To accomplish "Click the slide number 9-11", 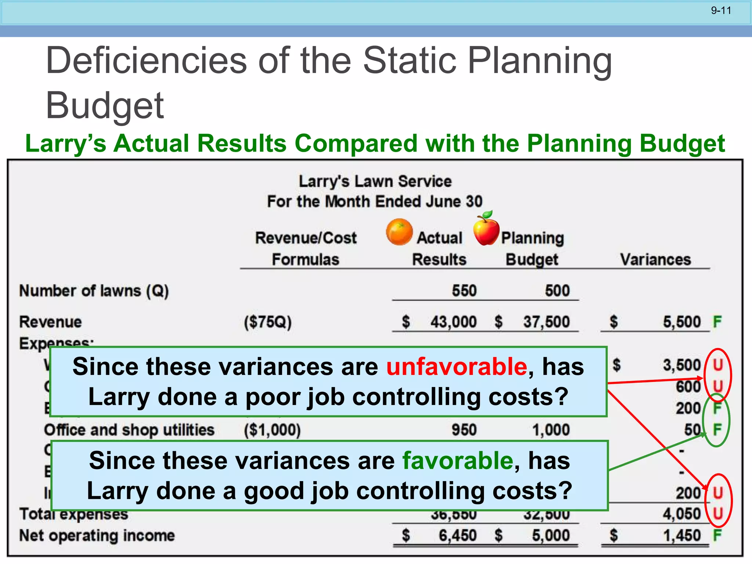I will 721,11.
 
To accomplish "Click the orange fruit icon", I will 399,232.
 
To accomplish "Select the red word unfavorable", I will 456,366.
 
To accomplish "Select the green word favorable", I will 458,460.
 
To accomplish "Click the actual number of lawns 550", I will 464,291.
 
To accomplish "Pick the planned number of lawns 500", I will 557,291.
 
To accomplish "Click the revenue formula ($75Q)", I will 268,322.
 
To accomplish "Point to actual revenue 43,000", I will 453,322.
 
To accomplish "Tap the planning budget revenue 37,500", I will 546,322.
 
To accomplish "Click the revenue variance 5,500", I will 681,322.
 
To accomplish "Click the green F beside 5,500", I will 717,322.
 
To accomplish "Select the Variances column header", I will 655,260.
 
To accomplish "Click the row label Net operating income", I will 97,536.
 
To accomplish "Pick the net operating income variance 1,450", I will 681,536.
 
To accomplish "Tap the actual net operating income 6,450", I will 458,536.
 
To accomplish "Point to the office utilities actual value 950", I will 464,430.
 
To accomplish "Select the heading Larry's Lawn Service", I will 375,181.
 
